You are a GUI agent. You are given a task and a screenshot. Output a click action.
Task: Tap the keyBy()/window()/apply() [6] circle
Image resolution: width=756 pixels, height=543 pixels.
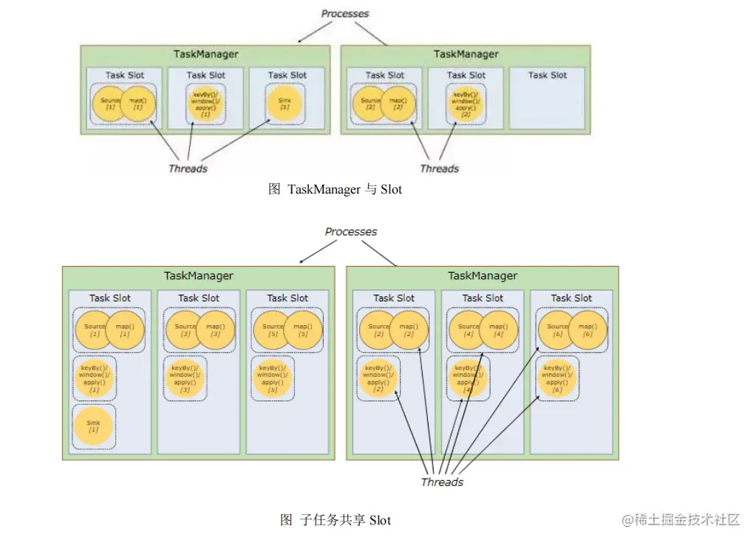556,378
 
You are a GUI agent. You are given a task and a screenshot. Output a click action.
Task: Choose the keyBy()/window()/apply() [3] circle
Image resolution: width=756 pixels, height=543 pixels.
184,378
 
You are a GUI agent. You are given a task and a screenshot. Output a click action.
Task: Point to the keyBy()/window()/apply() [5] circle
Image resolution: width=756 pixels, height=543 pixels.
272,378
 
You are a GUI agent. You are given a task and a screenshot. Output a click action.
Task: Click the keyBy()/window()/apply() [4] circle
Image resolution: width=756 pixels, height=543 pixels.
467,378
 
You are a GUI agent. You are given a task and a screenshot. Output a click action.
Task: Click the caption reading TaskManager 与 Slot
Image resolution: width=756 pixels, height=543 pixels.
335,190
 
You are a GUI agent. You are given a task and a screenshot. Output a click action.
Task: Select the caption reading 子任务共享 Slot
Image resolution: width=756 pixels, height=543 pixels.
336,520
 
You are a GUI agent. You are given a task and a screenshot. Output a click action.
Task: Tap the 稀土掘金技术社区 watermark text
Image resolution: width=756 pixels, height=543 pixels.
680,519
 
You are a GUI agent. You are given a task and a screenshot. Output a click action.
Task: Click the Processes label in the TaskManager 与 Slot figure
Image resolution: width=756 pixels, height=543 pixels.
345,13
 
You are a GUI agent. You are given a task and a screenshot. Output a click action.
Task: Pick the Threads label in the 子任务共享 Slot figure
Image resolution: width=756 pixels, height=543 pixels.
442,482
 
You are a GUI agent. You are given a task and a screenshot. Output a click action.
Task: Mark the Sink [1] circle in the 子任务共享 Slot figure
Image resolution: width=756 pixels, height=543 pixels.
94,426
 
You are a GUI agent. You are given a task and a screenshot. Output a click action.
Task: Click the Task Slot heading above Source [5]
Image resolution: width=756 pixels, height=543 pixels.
287,298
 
